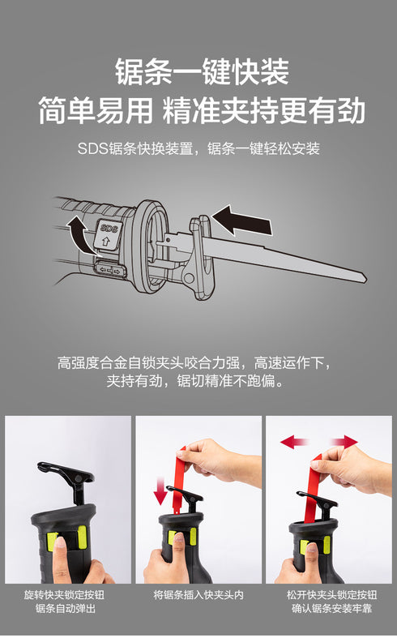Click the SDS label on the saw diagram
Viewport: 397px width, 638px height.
[x=107, y=230]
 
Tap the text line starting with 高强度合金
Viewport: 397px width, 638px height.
[x=194, y=362]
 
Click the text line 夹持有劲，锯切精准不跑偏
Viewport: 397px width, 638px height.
[x=194, y=380]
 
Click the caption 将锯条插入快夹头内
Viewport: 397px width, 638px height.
[x=198, y=594]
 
